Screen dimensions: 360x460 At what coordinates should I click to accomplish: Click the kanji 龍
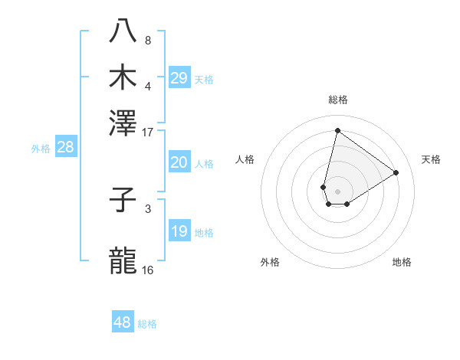click(123, 260)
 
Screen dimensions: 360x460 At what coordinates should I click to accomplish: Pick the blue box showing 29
click(179, 78)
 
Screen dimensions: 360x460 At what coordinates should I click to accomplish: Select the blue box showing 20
click(179, 162)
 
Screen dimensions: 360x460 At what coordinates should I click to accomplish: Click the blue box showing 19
click(179, 231)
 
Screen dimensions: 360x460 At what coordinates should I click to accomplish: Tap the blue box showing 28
click(65, 148)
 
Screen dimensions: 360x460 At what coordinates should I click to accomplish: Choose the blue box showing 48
click(123, 322)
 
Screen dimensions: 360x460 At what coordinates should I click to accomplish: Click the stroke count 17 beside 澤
click(148, 132)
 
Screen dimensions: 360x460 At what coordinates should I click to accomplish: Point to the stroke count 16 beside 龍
click(148, 270)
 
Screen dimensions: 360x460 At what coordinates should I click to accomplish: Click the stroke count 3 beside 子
click(148, 208)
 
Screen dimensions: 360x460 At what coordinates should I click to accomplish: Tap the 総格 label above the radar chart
click(337, 100)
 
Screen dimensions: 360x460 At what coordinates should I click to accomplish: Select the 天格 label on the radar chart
click(431, 159)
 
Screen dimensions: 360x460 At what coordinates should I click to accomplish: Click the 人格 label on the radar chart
click(245, 159)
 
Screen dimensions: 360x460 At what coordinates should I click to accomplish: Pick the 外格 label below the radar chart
click(270, 263)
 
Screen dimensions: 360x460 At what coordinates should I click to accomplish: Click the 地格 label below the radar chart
click(402, 263)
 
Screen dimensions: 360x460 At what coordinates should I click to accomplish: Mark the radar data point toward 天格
click(396, 172)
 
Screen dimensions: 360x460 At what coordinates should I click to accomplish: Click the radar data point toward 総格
click(337, 130)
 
